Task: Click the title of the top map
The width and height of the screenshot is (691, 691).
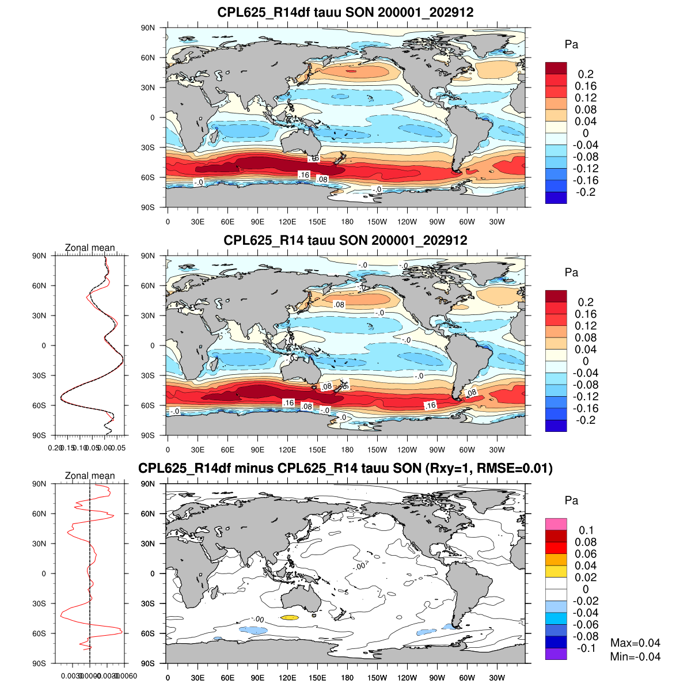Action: (x=345, y=12)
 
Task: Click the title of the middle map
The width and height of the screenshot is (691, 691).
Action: (x=345, y=240)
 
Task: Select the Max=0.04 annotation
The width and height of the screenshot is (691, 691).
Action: (x=635, y=643)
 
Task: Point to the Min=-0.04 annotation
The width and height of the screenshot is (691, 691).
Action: (x=635, y=657)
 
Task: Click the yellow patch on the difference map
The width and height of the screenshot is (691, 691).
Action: (x=290, y=618)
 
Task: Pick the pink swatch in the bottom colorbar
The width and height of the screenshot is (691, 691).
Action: (x=556, y=524)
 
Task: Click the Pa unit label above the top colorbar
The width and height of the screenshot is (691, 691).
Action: (x=571, y=45)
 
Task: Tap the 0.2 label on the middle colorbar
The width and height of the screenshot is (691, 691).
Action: (x=586, y=302)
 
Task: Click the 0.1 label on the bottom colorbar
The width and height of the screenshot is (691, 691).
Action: (x=586, y=530)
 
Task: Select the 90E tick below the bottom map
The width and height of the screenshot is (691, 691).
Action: (x=257, y=678)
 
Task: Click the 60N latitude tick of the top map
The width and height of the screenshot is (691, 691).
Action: (x=149, y=58)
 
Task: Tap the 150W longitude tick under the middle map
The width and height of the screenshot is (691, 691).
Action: (x=377, y=450)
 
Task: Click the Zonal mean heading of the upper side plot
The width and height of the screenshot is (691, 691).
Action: (x=90, y=248)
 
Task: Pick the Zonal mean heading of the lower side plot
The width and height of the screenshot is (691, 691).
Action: (x=90, y=476)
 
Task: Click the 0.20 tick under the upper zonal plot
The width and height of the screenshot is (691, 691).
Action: (x=55, y=447)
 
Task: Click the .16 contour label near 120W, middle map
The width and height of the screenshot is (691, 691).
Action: (x=430, y=405)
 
